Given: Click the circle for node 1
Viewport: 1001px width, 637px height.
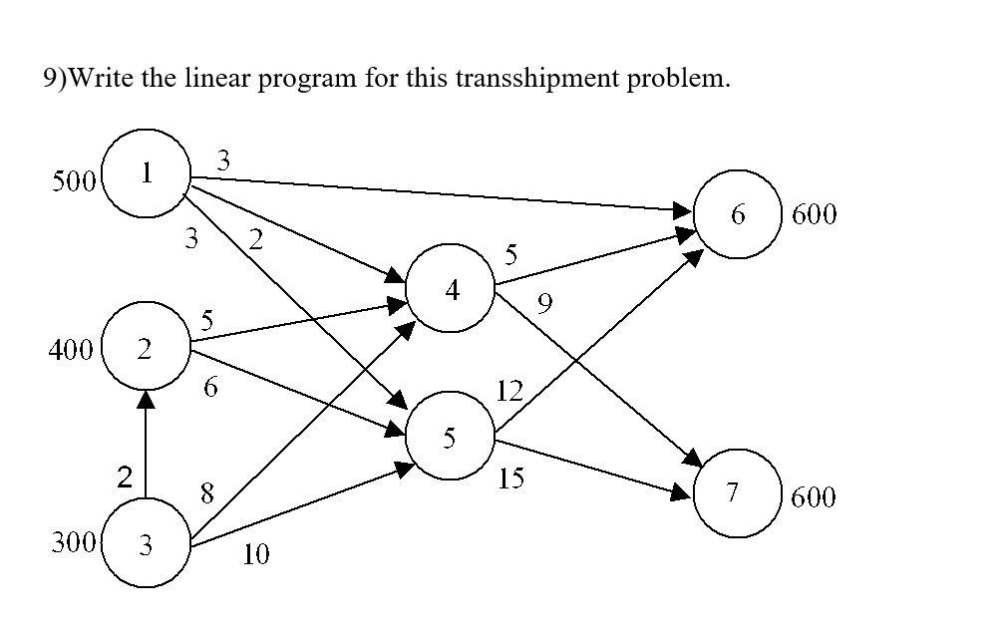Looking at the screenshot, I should click(x=147, y=173).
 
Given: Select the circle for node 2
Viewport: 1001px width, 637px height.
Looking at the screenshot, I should click(x=146, y=347).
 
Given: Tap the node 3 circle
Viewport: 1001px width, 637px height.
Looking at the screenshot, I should click(x=147, y=543).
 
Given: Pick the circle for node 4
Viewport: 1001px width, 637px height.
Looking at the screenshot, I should click(x=452, y=289).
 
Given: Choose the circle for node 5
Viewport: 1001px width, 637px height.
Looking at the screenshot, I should click(x=451, y=436).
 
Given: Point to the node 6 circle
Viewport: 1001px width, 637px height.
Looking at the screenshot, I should click(x=737, y=213).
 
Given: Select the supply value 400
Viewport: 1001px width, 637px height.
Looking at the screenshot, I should click(x=71, y=350).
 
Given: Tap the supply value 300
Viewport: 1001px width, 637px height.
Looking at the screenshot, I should click(x=74, y=543).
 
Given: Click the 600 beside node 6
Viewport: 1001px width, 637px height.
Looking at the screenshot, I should click(x=814, y=214).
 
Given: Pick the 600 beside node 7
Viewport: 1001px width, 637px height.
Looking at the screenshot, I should click(x=813, y=496).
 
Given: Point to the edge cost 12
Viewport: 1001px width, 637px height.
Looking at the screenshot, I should click(x=508, y=391).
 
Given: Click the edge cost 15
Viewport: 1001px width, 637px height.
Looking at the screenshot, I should click(x=510, y=479).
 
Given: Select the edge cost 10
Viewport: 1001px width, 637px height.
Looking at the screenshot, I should click(x=255, y=555).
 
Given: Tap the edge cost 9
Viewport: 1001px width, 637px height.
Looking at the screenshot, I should click(x=543, y=303).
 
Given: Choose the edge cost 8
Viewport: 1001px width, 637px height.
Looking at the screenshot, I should click(x=206, y=492).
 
